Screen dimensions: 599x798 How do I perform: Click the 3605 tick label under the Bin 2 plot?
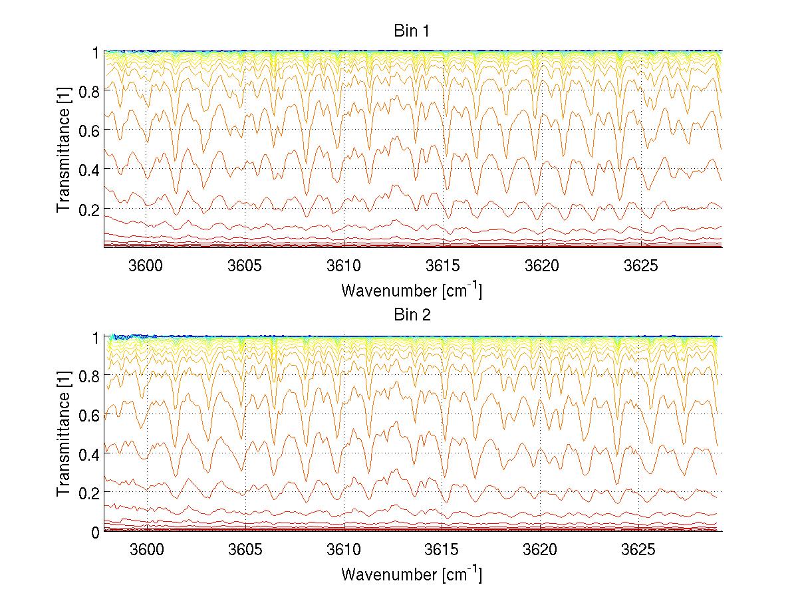point(245,550)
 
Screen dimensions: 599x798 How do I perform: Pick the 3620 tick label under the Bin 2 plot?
point(541,550)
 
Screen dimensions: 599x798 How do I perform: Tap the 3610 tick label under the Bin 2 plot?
point(344,550)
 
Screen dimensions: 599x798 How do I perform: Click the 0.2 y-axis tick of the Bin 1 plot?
point(90,209)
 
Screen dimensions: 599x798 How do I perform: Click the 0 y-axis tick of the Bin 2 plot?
point(96,532)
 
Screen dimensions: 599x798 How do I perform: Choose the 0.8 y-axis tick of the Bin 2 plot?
point(90,376)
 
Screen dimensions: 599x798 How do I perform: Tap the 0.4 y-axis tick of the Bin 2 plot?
point(90,453)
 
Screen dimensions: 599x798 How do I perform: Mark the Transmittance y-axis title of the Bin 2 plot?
point(64,434)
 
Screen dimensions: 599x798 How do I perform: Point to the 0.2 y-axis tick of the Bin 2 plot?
point(90,493)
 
